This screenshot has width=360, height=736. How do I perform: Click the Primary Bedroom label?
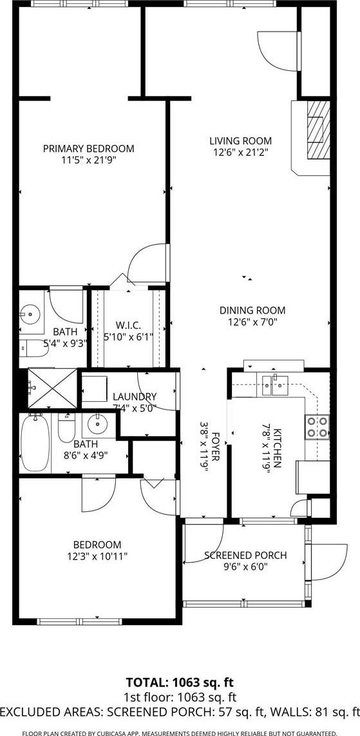pos(88,148)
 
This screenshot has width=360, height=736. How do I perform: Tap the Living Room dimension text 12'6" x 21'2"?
pos(240,152)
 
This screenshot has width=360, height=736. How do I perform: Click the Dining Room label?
pos(252,310)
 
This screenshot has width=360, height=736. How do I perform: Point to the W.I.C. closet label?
pos(128,325)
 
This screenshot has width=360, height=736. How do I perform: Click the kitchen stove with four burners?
pos(317,427)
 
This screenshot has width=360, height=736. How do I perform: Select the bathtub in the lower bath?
pos(35,443)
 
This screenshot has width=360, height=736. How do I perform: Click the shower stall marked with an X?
pos(52,388)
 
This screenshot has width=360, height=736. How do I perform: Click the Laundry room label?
pos(135,396)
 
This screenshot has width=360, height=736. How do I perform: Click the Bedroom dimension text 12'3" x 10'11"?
pos(97,556)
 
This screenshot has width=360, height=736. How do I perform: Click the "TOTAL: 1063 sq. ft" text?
pos(180,681)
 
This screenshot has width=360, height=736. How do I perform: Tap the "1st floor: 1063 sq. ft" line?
pos(180,697)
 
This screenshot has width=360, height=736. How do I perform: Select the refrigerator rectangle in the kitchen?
pos(312,477)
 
